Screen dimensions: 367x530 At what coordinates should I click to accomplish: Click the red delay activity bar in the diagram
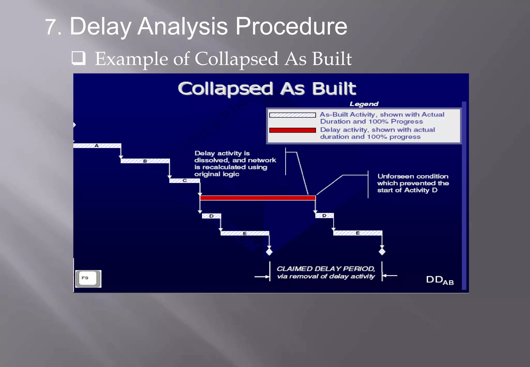257,198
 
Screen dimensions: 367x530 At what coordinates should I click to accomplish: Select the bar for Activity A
97,146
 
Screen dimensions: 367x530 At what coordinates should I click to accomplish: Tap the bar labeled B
145,161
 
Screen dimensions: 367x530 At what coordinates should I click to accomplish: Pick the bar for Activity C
185,181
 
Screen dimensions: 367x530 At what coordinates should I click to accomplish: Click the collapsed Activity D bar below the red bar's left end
211,216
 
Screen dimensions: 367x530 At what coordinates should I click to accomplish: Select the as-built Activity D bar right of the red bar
324,216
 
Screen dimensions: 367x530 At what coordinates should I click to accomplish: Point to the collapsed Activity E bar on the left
245,233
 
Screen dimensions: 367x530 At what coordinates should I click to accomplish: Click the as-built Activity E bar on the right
358,233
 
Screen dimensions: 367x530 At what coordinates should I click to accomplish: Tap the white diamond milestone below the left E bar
269,252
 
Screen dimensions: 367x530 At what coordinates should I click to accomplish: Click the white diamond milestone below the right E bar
382,251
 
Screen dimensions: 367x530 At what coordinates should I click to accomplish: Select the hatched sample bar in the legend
292,115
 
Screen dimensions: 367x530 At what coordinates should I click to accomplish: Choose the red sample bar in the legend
292,130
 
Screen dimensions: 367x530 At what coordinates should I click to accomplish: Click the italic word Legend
364,104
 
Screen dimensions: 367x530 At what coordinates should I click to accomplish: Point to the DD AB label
439,280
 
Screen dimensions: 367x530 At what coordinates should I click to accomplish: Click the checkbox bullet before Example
78,58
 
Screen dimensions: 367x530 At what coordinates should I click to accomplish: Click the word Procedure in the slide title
291,26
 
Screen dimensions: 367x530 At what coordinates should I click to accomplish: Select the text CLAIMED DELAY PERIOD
326,269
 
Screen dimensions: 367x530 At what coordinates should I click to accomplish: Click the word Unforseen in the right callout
393,176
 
